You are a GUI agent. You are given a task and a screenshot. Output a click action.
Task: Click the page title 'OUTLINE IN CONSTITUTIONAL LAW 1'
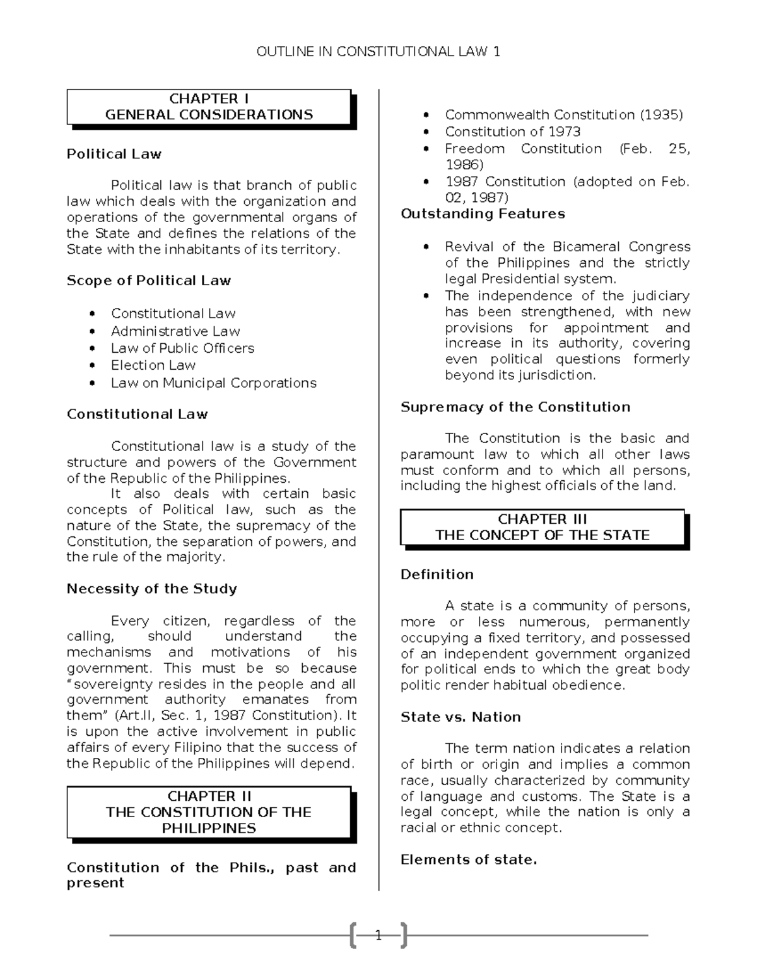pos(378,52)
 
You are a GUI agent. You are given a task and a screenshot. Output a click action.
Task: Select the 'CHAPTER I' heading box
pos(209,107)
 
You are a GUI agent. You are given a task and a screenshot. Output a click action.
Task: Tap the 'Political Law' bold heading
pos(114,154)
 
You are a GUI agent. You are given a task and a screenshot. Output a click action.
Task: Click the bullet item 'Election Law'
pos(153,365)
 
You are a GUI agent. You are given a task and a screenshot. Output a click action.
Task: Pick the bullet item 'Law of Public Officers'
pos(182,348)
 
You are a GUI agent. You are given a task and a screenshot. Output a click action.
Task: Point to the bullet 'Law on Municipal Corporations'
pos(213,383)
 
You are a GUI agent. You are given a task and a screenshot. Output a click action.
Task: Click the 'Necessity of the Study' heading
pos(152,589)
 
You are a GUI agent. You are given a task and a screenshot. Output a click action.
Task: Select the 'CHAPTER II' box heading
pos(209,812)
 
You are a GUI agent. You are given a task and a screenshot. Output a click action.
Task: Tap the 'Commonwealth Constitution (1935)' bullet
pos(563,115)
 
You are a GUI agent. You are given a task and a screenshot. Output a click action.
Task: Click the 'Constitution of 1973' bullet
pos(512,132)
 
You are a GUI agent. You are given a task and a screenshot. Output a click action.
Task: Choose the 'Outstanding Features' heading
pos(483,214)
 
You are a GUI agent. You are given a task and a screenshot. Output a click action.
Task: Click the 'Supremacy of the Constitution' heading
pos(515,407)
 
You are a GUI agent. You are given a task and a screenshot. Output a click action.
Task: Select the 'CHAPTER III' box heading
pos(543,527)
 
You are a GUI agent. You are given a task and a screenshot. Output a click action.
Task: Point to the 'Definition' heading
pos(437,574)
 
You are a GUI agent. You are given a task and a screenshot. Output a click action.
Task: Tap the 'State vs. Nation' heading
pos(461,717)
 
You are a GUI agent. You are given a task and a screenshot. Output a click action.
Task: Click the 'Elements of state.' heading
pos(469,859)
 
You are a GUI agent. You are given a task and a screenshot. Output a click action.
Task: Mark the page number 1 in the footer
pos(378,935)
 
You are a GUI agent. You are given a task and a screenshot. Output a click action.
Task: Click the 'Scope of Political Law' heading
pos(149,281)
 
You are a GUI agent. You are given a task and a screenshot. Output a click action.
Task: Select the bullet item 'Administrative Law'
pos(175,331)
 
